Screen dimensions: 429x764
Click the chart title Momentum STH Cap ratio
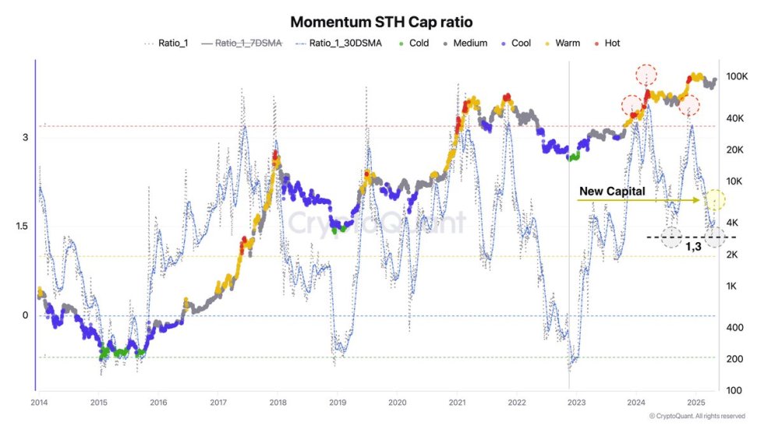click(381, 22)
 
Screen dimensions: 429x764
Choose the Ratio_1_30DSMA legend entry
click(339, 44)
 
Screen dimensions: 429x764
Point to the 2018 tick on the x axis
click(278, 403)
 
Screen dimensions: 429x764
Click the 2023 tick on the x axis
click(576, 403)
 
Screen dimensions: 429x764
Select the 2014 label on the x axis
click(39, 403)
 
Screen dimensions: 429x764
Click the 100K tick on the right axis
click(737, 77)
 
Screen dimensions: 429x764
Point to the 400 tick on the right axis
click(734, 327)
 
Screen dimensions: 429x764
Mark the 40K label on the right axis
click(735, 118)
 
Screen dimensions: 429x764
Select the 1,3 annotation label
click(693, 246)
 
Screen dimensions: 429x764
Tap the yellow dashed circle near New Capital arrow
click(716, 200)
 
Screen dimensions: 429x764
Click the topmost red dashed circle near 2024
click(646, 75)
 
